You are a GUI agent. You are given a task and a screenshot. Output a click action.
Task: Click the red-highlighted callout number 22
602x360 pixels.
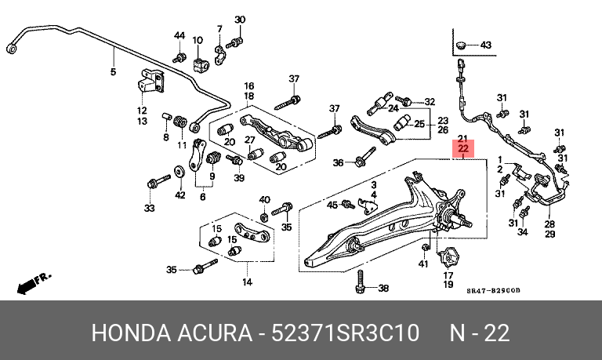(463, 148)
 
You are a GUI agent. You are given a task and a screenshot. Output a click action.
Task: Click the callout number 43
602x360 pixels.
(486, 45)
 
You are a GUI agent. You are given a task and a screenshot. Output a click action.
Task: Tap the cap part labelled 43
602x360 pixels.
(461, 45)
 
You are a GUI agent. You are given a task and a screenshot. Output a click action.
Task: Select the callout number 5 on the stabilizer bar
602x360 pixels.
(113, 71)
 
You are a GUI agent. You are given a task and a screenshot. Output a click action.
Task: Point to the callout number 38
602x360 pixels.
(383, 288)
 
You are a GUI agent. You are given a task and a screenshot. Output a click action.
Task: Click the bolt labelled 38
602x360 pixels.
(360, 282)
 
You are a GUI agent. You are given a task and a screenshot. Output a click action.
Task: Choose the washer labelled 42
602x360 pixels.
(179, 172)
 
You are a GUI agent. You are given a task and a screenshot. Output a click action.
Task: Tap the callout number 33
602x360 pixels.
(150, 208)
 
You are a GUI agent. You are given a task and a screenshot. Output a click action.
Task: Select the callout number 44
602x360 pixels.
(180, 36)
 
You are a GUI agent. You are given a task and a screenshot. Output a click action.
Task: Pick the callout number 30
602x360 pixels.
(240, 19)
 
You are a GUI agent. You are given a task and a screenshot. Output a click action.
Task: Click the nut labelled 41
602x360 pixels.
(425, 247)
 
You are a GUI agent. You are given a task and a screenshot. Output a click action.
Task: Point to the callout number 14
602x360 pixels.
(247, 282)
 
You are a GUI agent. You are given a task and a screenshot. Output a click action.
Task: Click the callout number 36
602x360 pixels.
(338, 163)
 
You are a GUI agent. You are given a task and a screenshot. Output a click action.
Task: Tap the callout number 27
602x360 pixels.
(250, 140)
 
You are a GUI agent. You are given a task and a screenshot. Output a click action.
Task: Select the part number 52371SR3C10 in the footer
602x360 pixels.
(345, 333)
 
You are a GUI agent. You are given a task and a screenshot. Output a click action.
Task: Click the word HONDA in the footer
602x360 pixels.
(131, 333)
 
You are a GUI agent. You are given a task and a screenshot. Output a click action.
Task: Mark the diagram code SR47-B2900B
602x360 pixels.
(493, 290)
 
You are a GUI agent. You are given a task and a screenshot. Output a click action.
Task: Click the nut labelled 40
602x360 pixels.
(264, 218)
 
